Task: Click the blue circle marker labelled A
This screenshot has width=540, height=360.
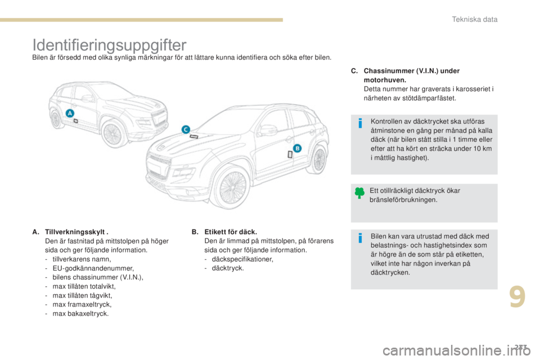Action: [x=70, y=113]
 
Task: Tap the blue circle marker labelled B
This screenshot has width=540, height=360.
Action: [x=298, y=147]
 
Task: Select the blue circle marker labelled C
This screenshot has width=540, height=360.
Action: [x=185, y=129]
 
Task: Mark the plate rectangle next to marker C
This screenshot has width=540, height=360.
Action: [x=193, y=137]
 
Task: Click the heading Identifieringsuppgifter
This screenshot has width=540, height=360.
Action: [x=110, y=43]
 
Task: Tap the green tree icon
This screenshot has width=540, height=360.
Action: [x=360, y=193]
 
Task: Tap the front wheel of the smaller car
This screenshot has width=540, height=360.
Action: [x=112, y=133]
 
